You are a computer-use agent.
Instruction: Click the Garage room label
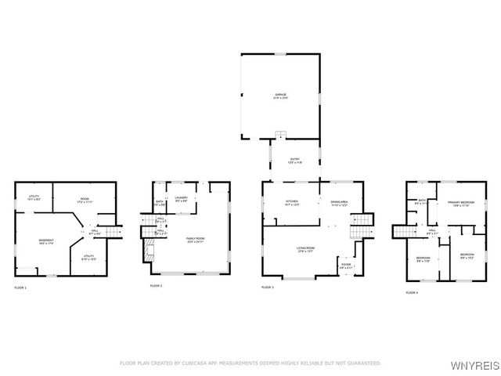(x=279, y=95)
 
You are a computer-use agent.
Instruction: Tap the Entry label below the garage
(x=294, y=161)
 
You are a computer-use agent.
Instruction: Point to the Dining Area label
(x=338, y=203)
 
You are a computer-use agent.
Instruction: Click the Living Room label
(x=305, y=249)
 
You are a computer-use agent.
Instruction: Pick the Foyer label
(x=345, y=265)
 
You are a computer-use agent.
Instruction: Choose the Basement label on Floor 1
(x=46, y=241)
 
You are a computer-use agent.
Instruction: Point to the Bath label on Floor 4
(x=421, y=201)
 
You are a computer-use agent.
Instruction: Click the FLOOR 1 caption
(x=20, y=288)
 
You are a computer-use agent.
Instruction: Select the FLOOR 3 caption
(x=268, y=287)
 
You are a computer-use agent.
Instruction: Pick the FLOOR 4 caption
(x=412, y=292)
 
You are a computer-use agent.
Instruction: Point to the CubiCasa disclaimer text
(x=250, y=363)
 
